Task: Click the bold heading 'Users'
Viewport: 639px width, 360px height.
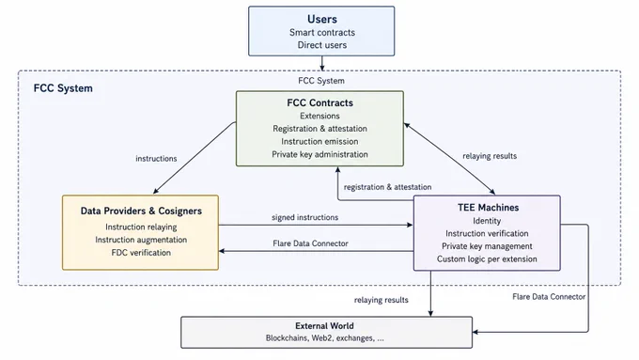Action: coord(322,19)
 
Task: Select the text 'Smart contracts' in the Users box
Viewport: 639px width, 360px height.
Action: coord(322,32)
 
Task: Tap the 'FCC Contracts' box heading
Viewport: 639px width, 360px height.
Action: coord(319,102)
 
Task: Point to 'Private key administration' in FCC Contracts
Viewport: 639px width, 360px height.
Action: coord(319,154)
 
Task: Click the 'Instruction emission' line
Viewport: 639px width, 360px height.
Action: coord(319,142)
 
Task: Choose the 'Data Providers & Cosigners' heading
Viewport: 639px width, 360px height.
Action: coord(141,211)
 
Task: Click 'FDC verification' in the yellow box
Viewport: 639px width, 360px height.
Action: coord(141,252)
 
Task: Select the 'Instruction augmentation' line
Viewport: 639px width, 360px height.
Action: coord(141,240)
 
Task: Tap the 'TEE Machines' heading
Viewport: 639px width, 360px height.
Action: coord(488,208)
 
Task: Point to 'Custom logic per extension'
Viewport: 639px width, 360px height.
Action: coord(487,258)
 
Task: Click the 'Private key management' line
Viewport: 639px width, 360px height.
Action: coord(487,246)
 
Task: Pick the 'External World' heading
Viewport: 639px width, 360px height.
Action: coord(324,326)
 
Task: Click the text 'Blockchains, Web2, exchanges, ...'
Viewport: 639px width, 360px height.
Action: coord(325,338)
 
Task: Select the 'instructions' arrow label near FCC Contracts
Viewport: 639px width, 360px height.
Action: coord(156,159)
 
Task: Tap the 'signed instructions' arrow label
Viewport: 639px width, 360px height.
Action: coord(304,217)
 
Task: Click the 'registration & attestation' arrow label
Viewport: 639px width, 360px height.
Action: coord(387,187)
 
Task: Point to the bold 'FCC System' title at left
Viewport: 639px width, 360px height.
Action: coord(63,88)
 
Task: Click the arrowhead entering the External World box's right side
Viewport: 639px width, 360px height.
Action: coord(475,332)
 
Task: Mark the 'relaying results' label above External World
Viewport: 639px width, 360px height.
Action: coord(381,300)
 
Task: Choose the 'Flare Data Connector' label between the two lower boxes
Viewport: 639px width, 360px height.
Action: coord(310,243)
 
